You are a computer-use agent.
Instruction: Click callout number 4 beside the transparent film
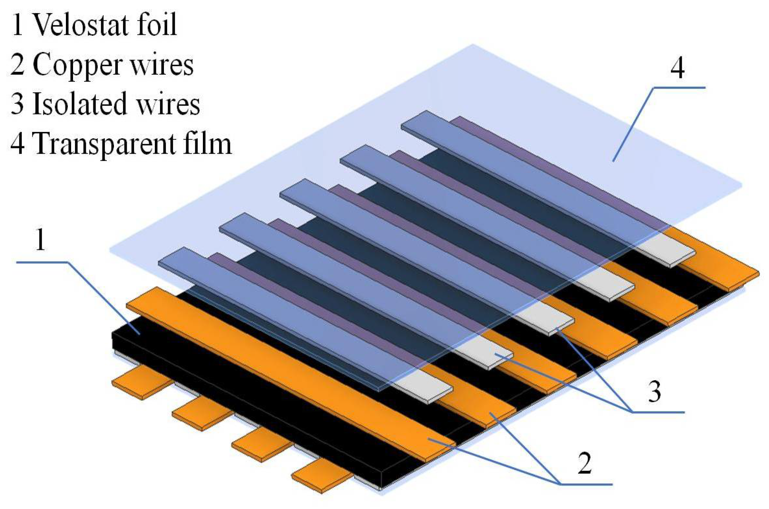click(x=677, y=68)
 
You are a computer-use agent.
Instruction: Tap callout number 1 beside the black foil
click(x=40, y=240)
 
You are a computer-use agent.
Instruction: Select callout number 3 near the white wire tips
click(x=654, y=391)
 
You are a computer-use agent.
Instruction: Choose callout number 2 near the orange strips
click(x=584, y=463)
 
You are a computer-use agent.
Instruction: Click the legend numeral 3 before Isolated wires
click(x=17, y=104)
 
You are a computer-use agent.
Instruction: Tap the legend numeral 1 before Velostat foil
click(x=17, y=25)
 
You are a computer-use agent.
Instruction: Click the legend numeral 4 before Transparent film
click(x=17, y=143)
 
